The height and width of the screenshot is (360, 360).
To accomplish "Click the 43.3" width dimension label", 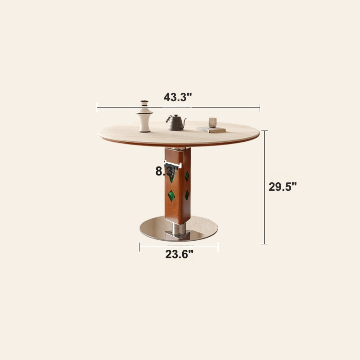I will coord(178,97).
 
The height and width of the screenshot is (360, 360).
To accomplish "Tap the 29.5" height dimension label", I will coord(283,187).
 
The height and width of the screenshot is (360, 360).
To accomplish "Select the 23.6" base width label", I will coord(179,254).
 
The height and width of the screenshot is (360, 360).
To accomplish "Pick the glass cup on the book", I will coord(212,122).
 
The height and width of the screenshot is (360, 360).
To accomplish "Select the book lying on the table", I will coord(211,130).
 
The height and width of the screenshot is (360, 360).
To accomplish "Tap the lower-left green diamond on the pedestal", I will coord(171,195).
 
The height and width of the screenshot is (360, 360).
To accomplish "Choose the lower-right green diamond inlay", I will coord(187,195).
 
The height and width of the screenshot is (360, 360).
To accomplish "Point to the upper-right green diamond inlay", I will coord(187,176).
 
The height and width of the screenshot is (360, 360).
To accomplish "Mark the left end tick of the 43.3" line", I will coord(97,107).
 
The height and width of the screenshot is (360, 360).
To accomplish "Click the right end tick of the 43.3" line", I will coord(260,107).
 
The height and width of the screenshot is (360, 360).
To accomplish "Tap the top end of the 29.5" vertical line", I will coord(265,131).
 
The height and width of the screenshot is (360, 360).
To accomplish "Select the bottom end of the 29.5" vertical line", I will coord(265,244).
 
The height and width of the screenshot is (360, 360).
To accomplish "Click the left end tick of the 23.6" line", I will coord(139,247).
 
